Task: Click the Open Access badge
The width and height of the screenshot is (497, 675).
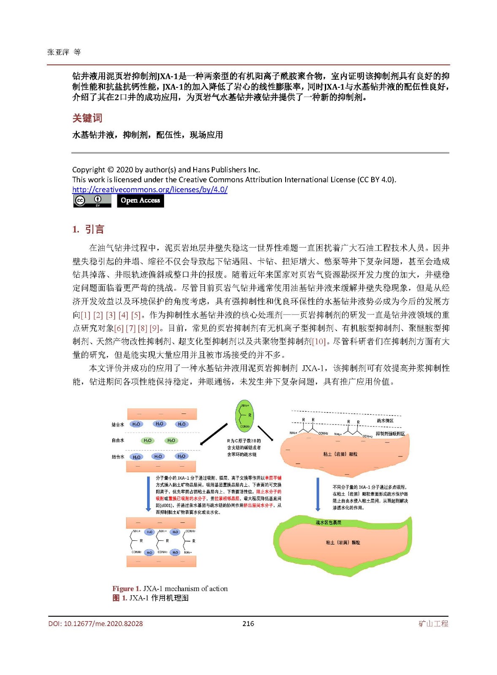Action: coord(140,200)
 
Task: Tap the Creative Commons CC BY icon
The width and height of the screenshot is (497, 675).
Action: coord(92,200)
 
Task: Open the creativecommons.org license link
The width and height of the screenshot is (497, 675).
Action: coord(150,190)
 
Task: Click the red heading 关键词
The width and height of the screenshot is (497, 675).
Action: coord(87,118)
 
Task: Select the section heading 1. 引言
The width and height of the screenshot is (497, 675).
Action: coord(88,229)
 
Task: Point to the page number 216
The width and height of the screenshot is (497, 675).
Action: coord(248,624)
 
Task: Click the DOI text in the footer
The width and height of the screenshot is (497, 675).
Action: coord(95,624)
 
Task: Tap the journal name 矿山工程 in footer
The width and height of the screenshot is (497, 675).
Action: coord(433,624)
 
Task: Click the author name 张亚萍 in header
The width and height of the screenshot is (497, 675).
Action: coord(58,52)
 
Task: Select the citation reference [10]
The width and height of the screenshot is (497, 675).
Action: coord(319,341)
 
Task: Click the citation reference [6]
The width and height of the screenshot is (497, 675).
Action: coord(119,328)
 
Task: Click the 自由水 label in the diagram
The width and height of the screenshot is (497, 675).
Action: coord(118,440)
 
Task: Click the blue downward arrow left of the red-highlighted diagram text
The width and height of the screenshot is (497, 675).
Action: coord(148,494)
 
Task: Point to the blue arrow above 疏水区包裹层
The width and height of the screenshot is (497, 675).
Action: coord(318,494)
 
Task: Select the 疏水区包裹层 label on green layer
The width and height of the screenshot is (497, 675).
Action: coord(328,522)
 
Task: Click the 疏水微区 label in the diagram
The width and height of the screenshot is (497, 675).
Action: coord(385,421)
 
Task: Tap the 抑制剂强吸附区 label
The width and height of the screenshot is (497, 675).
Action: coord(390,434)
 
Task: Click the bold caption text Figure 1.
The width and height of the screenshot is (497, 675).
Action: coord(126,589)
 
